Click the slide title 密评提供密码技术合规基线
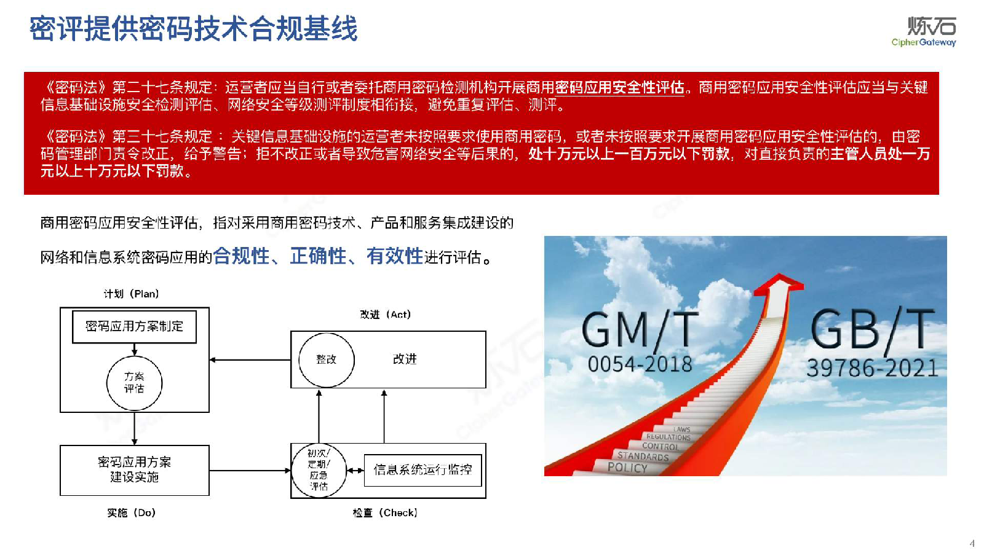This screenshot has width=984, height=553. point(193,29)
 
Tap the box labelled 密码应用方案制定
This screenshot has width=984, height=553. point(134,326)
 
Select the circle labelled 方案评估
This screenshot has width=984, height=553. point(134,383)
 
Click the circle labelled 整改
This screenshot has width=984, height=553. point(326,359)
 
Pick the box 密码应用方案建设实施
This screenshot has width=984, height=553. point(134,470)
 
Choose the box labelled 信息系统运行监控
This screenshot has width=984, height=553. point(423,470)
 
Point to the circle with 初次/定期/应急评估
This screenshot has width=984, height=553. point(319,470)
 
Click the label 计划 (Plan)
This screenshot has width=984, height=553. point(131,294)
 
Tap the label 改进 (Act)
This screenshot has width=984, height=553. point(385,315)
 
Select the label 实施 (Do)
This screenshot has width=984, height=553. point(131,512)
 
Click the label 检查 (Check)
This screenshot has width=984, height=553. point(385,512)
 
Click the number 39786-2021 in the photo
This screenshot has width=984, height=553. point(872,368)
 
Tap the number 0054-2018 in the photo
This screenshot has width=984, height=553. point(640,364)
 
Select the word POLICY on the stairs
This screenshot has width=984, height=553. point(627,468)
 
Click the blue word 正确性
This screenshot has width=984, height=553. point(318,256)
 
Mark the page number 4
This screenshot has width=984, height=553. point(972,543)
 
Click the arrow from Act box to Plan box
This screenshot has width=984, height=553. point(250,360)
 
